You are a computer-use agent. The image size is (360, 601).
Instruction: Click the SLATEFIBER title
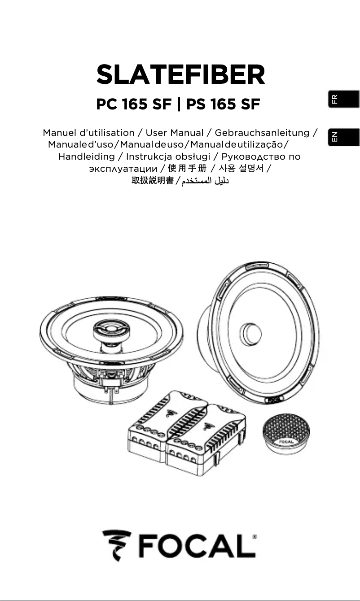180,75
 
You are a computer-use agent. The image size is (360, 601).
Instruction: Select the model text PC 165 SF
134,105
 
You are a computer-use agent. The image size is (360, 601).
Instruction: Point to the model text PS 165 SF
223,105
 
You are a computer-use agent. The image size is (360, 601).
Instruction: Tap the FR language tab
343,99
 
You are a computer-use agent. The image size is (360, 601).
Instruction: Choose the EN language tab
343,137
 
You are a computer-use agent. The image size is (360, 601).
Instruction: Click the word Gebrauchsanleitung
262,133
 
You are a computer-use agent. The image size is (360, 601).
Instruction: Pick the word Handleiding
87,157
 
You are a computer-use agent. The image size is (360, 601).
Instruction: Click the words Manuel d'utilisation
88,133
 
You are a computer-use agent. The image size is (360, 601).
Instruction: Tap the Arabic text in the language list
205,181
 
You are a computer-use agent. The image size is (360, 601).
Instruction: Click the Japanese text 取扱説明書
152,181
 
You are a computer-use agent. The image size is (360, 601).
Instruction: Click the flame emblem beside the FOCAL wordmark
116,544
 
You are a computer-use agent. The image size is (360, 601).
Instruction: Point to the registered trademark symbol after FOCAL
255,536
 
